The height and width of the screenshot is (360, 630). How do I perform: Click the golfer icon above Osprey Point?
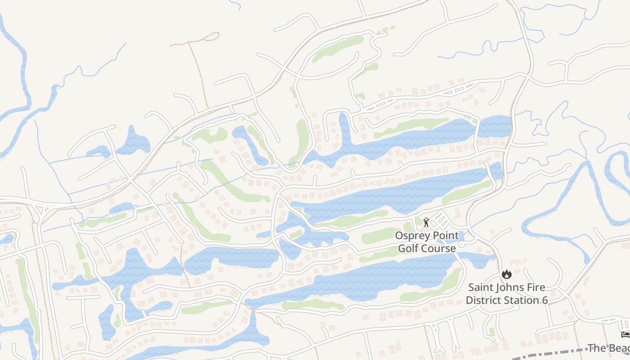tap(426, 222)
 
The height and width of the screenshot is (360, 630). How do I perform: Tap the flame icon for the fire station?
tap(507, 274)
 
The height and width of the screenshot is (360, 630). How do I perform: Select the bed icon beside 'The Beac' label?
tap(625, 334)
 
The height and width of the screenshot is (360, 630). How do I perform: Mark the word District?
tap(483, 300)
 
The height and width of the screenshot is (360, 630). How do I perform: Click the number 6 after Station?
tap(545, 300)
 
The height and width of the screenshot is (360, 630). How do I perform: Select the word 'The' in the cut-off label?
tap(597, 348)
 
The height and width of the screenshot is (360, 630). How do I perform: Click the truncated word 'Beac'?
tap(620, 348)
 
